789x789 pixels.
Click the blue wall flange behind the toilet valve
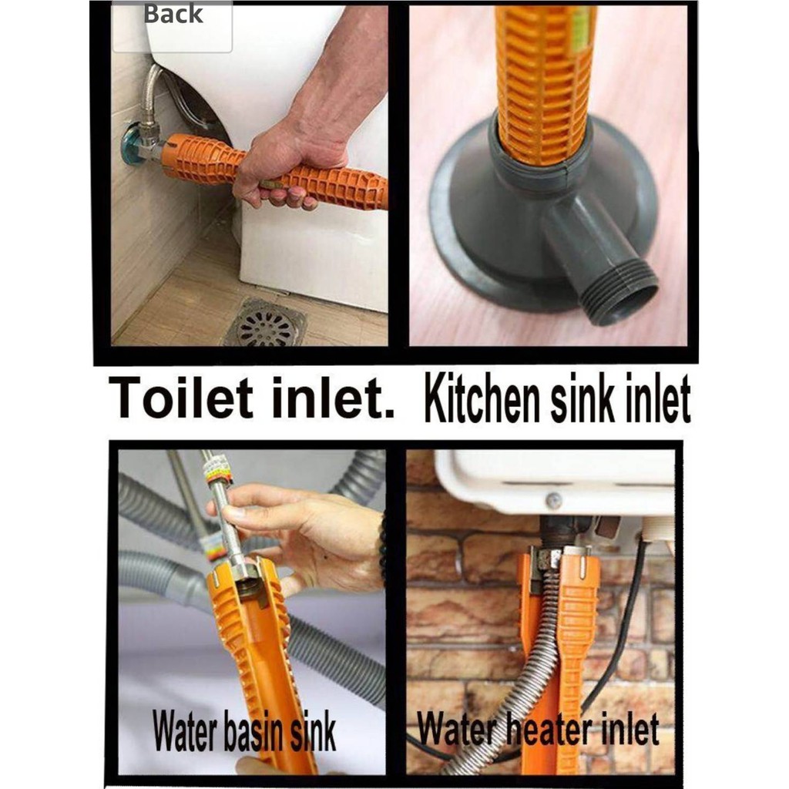(129, 143)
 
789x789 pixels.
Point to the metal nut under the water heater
(549, 558)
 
